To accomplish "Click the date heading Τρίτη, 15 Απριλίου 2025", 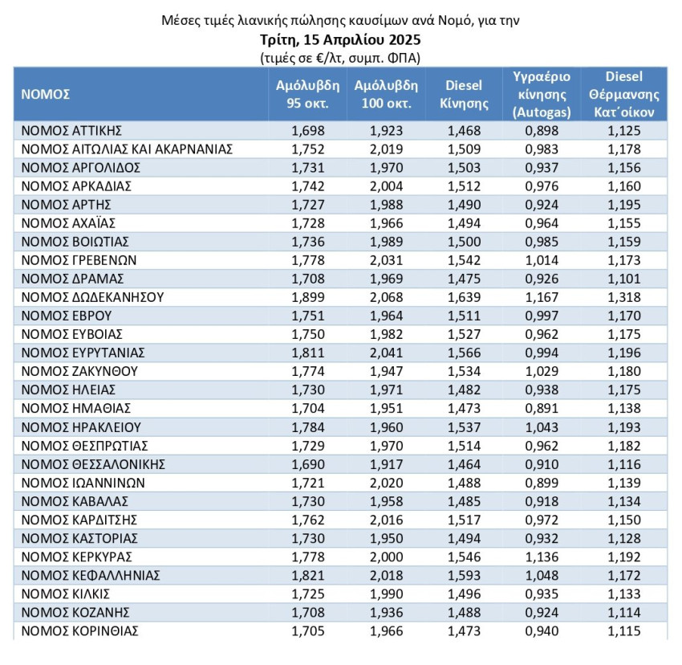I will pyautogui.click(x=340, y=39).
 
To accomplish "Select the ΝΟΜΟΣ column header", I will pyautogui.click(x=46, y=94).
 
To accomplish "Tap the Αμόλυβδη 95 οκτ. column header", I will pyautogui.click(x=307, y=94).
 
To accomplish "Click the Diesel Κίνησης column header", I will pyautogui.click(x=465, y=94).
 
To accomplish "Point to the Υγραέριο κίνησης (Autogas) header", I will pyautogui.click(x=542, y=94).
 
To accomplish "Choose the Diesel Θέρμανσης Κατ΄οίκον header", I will pyautogui.click(x=624, y=94).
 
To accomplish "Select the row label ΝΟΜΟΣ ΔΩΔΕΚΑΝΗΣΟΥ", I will pyautogui.click(x=92, y=297).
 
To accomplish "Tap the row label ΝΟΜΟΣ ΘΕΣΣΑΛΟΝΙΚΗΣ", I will pyautogui.click(x=93, y=464).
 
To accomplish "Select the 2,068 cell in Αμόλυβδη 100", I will pyautogui.click(x=386, y=297).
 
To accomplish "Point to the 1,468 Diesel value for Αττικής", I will pyautogui.click(x=465, y=130).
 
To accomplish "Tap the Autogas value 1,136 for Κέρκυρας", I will pyautogui.click(x=542, y=557).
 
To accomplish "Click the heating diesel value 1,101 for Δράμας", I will pyautogui.click(x=624, y=279).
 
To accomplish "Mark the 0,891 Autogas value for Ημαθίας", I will pyautogui.click(x=542, y=408).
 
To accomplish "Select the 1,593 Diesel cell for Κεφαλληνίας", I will pyautogui.click(x=465, y=575).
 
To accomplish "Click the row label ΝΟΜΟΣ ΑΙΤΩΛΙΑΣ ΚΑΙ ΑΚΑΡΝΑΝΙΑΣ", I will pyautogui.click(x=127, y=149).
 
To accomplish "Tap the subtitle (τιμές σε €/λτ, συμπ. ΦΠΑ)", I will pyautogui.click(x=340, y=58).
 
